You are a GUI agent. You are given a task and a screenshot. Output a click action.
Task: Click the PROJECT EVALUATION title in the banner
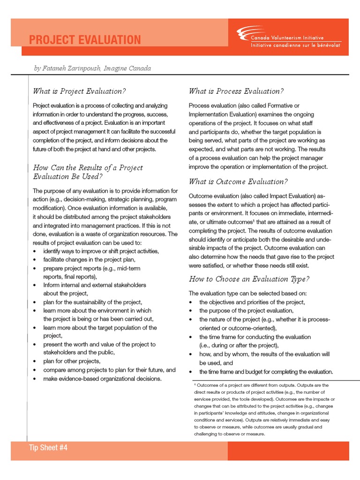(84, 40)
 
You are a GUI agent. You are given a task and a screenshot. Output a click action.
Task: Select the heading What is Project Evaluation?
(80, 91)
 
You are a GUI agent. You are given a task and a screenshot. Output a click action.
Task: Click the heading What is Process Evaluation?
(236, 91)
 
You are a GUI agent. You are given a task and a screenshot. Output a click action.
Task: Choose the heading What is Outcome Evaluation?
(238, 181)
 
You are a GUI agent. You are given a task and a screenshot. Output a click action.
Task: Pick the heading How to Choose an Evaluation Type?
(249, 279)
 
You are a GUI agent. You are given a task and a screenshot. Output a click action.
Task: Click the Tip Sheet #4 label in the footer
(48, 448)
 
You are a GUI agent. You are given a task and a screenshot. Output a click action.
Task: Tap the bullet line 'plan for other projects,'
(72, 361)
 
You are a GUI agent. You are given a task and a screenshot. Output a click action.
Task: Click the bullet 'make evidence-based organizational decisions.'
(102, 378)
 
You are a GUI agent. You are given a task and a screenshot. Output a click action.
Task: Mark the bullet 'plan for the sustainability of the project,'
(93, 302)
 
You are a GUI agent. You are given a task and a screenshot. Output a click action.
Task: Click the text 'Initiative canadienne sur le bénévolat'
(296, 45)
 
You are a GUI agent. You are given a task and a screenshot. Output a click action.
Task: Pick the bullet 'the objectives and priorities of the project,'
(252, 302)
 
